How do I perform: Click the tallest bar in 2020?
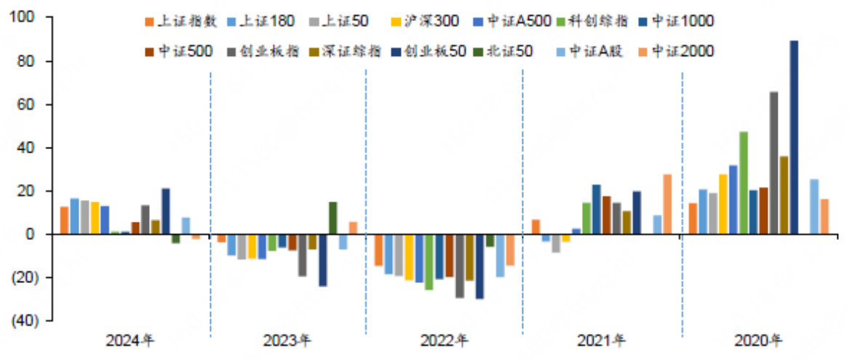pyautogui.click(x=794, y=137)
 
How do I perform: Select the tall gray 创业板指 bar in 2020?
pyautogui.click(x=773, y=163)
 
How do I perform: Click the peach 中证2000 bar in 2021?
pyautogui.click(x=667, y=204)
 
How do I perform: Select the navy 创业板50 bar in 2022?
pyautogui.click(x=479, y=266)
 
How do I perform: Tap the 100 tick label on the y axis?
pyautogui.click(x=28, y=17)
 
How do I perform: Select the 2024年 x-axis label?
pyautogui.click(x=130, y=340)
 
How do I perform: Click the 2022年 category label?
pyautogui.click(x=445, y=340)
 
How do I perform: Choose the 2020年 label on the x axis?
pyautogui.click(x=758, y=340)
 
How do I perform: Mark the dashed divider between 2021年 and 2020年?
pyautogui.click(x=682, y=204)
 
